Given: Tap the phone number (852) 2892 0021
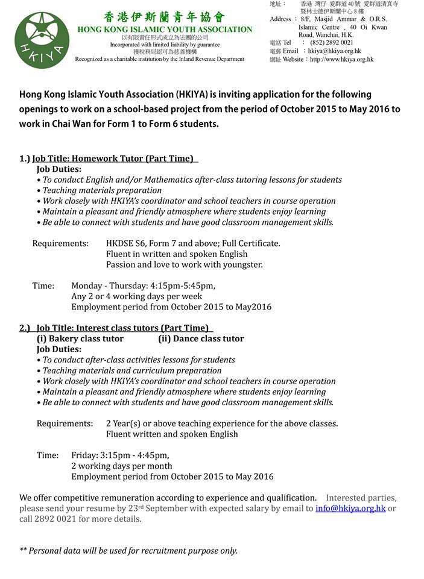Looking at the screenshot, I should pyautogui.click(x=332, y=43).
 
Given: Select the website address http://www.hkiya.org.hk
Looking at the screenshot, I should pyautogui.click(x=341, y=60).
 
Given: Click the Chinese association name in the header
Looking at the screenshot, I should pyautogui.click(x=164, y=17).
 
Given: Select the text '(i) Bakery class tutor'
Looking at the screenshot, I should pyautogui.click(x=80, y=339).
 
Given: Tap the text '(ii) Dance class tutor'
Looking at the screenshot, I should pyautogui.click(x=201, y=339).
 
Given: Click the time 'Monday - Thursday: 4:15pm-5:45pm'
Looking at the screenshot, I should pyautogui.click(x=143, y=286).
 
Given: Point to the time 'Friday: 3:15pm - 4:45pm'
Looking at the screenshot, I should pyautogui.click(x=120, y=455).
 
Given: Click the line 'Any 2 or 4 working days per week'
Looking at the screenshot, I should pyautogui.click(x=136, y=296).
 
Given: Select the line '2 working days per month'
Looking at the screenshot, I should pyautogui.click(x=121, y=466).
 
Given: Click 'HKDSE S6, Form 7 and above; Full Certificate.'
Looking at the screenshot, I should pyautogui.click(x=193, y=244).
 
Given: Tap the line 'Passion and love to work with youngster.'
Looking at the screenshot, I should pyautogui.click(x=184, y=264).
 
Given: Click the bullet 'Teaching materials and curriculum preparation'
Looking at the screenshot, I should pyautogui.click(x=132, y=370).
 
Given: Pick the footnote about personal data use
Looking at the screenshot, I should pyautogui.click(x=128, y=550).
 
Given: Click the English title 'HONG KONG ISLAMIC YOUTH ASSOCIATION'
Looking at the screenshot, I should pyautogui.click(x=165, y=30).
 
